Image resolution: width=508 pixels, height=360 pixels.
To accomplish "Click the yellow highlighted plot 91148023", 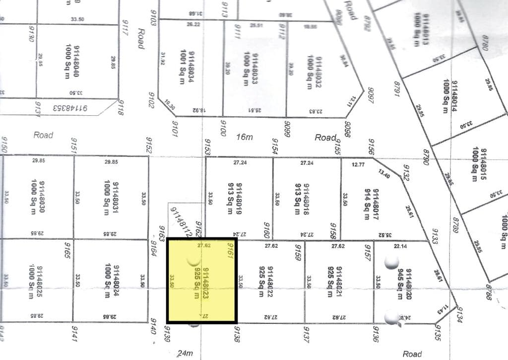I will pos(201,281).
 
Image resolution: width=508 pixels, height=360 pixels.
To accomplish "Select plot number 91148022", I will pos(270,281).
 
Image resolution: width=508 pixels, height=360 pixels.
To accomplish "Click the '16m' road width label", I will pos(244,137).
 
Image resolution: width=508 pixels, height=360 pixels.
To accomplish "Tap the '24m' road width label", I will pos(185,354).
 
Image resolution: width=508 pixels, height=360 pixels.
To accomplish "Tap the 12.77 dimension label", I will pos(358,164).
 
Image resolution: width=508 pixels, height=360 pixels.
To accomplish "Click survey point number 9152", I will pos(148,145).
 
